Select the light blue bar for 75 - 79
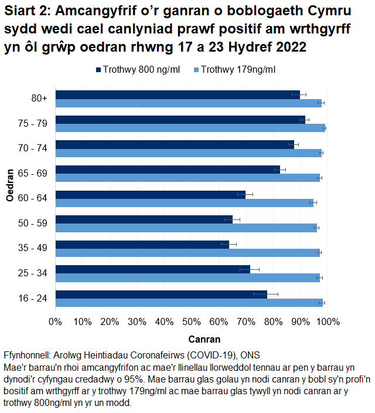click(x=190, y=127)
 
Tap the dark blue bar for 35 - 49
click(x=142, y=245)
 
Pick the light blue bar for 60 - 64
click(x=185, y=202)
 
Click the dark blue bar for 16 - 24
click(x=161, y=294)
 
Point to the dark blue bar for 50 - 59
click(x=144, y=219)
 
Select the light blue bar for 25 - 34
click(x=187, y=277)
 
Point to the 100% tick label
click(x=328, y=321)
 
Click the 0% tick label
click(x=55, y=321)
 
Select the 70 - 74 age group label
click(x=32, y=148)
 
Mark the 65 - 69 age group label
click(x=32, y=174)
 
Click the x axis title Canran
click(x=204, y=339)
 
